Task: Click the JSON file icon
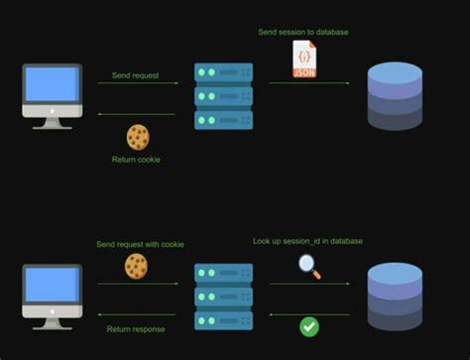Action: (304, 60)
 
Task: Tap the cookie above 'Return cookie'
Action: (138, 137)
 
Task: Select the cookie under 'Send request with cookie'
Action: (136, 265)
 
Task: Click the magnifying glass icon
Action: (309, 266)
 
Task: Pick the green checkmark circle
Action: (309, 325)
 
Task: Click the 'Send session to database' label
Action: (303, 32)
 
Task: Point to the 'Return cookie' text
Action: (137, 160)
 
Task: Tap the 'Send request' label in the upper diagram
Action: (137, 74)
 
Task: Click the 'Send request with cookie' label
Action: (140, 244)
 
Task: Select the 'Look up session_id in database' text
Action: (306, 241)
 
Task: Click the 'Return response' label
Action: (137, 328)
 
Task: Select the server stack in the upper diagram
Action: (223, 96)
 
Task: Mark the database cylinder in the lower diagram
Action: (395, 295)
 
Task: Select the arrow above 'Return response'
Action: (137, 314)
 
